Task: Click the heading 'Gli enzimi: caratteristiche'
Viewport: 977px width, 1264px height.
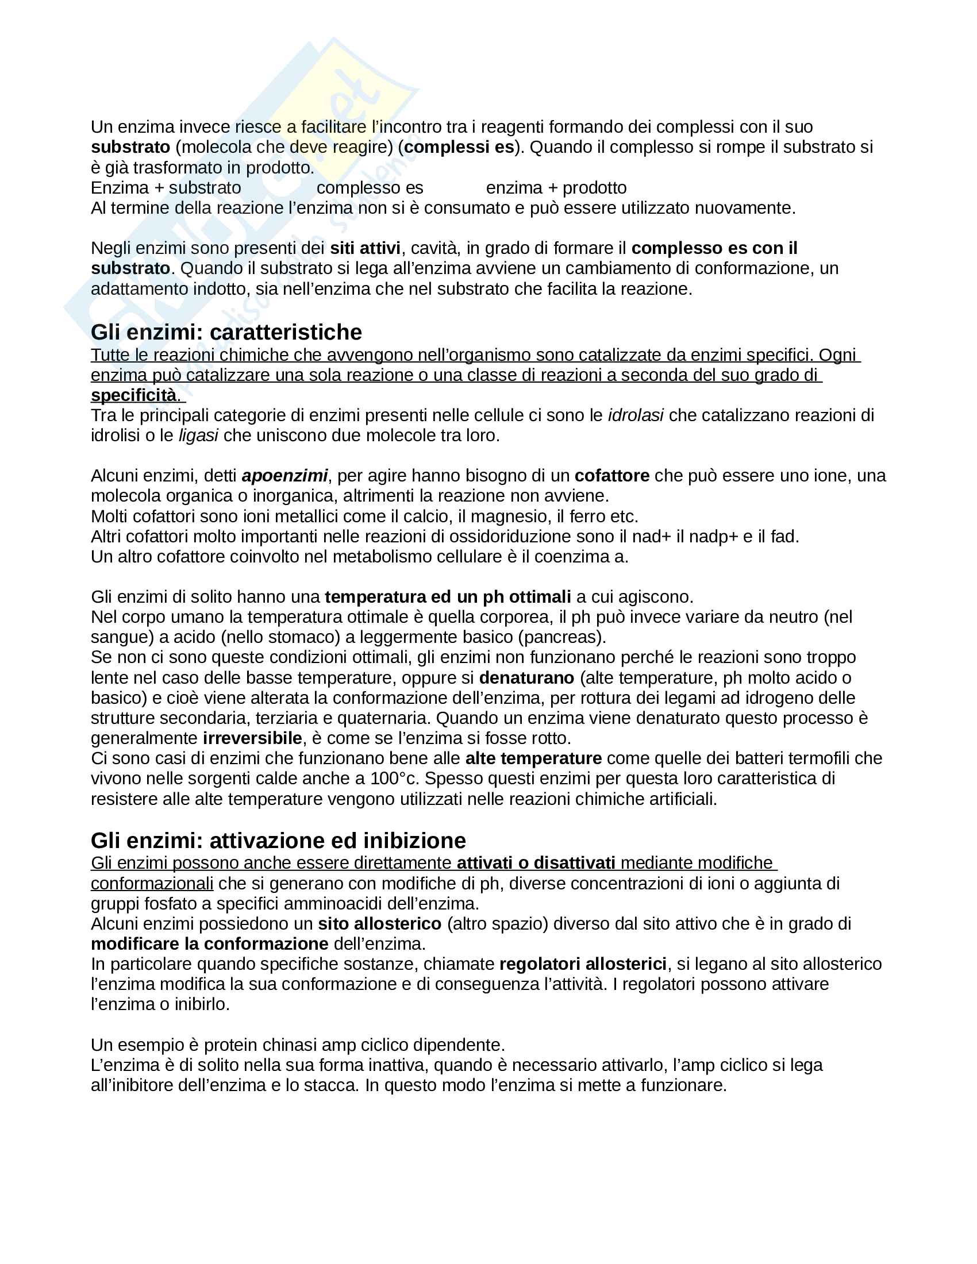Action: pyautogui.click(x=226, y=332)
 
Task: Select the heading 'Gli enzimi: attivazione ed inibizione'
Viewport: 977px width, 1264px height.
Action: pyautogui.click(x=278, y=841)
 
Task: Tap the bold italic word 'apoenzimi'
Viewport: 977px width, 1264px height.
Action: pyautogui.click(x=284, y=476)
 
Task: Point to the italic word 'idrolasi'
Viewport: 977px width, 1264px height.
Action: pyautogui.click(x=636, y=415)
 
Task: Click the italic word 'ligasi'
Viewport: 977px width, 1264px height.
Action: pyautogui.click(x=198, y=436)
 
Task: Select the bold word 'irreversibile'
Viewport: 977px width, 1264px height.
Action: pyautogui.click(x=252, y=738)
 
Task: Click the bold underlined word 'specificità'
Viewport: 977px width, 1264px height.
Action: pyautogui.click(x=134, y=395)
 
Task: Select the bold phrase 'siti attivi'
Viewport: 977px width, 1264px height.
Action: pyautogui.click(x=365, y=248)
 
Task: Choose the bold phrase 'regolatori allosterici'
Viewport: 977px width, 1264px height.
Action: pyautogui.click(x=583, y=964)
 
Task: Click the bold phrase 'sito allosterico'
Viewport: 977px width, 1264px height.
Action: pyautogui.click(x=380, y=923)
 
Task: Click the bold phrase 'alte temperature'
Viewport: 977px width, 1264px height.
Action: pyautogui.click(x=533, y=758)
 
